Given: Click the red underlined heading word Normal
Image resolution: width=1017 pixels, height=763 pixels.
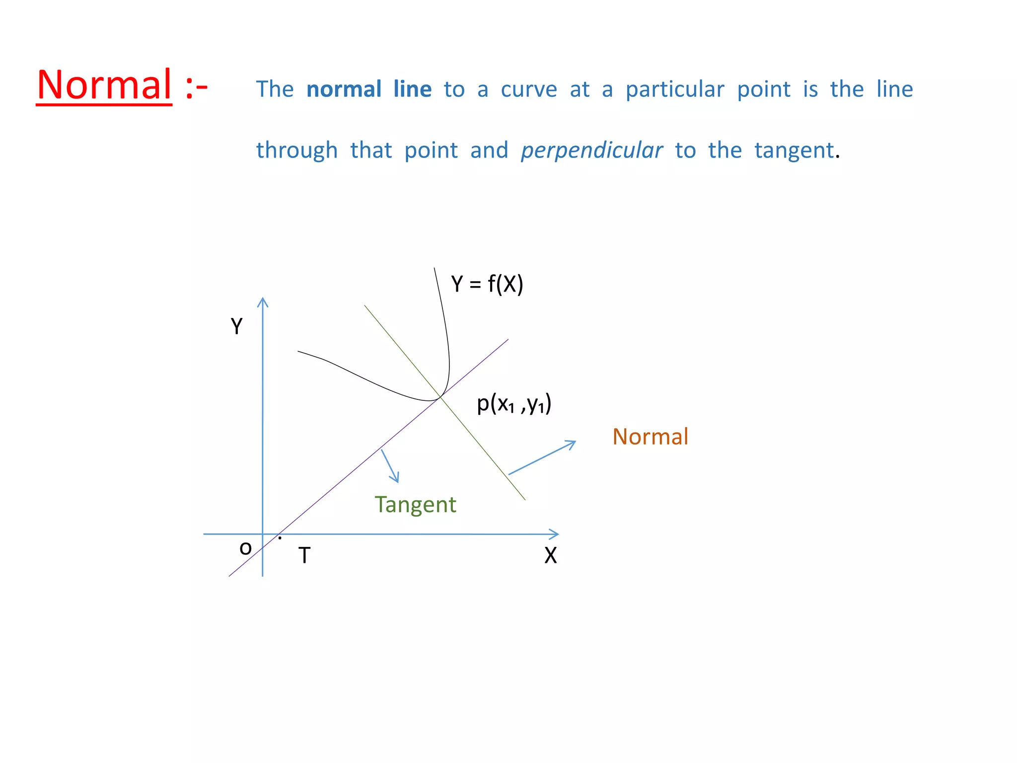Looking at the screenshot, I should pos(104,85).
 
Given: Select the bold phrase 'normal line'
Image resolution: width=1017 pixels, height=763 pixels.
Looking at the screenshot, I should pos(369,89).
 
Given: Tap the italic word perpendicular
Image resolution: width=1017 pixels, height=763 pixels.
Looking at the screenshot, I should pos(591,151).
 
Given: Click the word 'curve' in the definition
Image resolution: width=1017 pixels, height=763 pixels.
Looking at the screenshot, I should pos(529,89).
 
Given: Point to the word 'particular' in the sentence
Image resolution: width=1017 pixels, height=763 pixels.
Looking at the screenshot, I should pos(675,90).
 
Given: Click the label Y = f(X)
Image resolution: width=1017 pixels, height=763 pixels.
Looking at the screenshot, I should pos(487,284).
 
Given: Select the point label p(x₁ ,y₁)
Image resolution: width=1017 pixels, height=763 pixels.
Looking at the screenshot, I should pos(514,404).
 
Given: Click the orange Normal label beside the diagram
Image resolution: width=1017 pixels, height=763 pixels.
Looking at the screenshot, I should pos(650,437).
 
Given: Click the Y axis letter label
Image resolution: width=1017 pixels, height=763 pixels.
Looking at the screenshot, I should pos(237,327).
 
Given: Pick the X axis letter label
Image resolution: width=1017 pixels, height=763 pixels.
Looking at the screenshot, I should pos(550,555).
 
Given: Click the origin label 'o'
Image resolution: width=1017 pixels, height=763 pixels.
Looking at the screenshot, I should pos(245,548).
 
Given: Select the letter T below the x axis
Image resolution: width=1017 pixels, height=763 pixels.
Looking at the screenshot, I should pos(304,555).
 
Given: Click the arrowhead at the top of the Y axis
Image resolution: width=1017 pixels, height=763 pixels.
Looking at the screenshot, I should pos(263,302).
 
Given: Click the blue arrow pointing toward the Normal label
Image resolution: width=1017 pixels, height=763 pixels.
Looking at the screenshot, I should pos(542,458).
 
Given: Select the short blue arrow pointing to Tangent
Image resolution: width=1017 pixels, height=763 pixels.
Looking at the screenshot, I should pos(390,466).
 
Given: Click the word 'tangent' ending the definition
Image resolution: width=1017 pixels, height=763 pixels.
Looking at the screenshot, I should pos(794,151).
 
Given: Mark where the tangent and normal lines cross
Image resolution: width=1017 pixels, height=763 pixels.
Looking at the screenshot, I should pos(440,397).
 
